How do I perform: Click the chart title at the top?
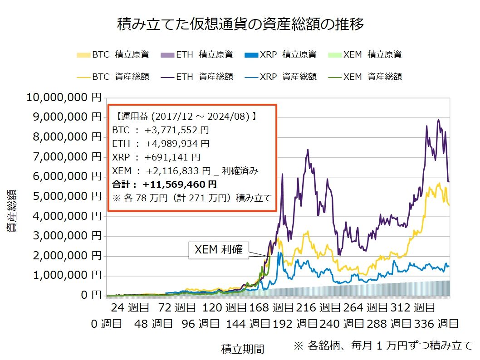(240, 24)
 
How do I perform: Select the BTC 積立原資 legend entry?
(113, 55)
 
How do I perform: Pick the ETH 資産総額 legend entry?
(197, 77)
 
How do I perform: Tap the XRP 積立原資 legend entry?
(280, 55)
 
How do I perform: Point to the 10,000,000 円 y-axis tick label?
(64, 97)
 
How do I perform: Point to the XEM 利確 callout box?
(219, 250)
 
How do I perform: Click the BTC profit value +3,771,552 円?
(177, 130)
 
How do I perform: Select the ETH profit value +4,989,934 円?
(177, 144)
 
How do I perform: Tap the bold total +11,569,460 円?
(179, 185)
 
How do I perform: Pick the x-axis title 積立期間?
(242, 349)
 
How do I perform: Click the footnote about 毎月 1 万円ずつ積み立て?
(383, 345)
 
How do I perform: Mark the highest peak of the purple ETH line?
(438, 120)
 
